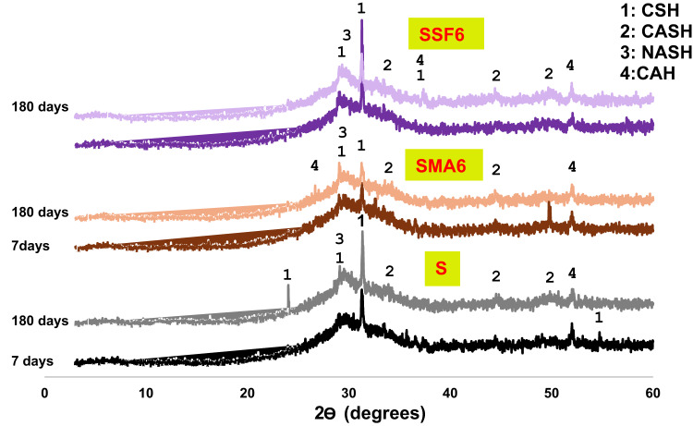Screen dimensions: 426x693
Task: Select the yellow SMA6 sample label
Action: pyautogui.click(x=450, y=166)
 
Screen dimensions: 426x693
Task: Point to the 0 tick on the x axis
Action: pyautogui.click(x=45, y=392)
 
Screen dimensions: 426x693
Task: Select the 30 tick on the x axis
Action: pyautogui.click(x=349, y=392)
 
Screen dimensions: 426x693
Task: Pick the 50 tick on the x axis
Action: pyautogui.click(x=552, y=392)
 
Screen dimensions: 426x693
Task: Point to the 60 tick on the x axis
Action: pyautogui.click(x=653, y=392)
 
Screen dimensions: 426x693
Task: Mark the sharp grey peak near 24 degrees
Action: pyautogui.click(x=288, y=288)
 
